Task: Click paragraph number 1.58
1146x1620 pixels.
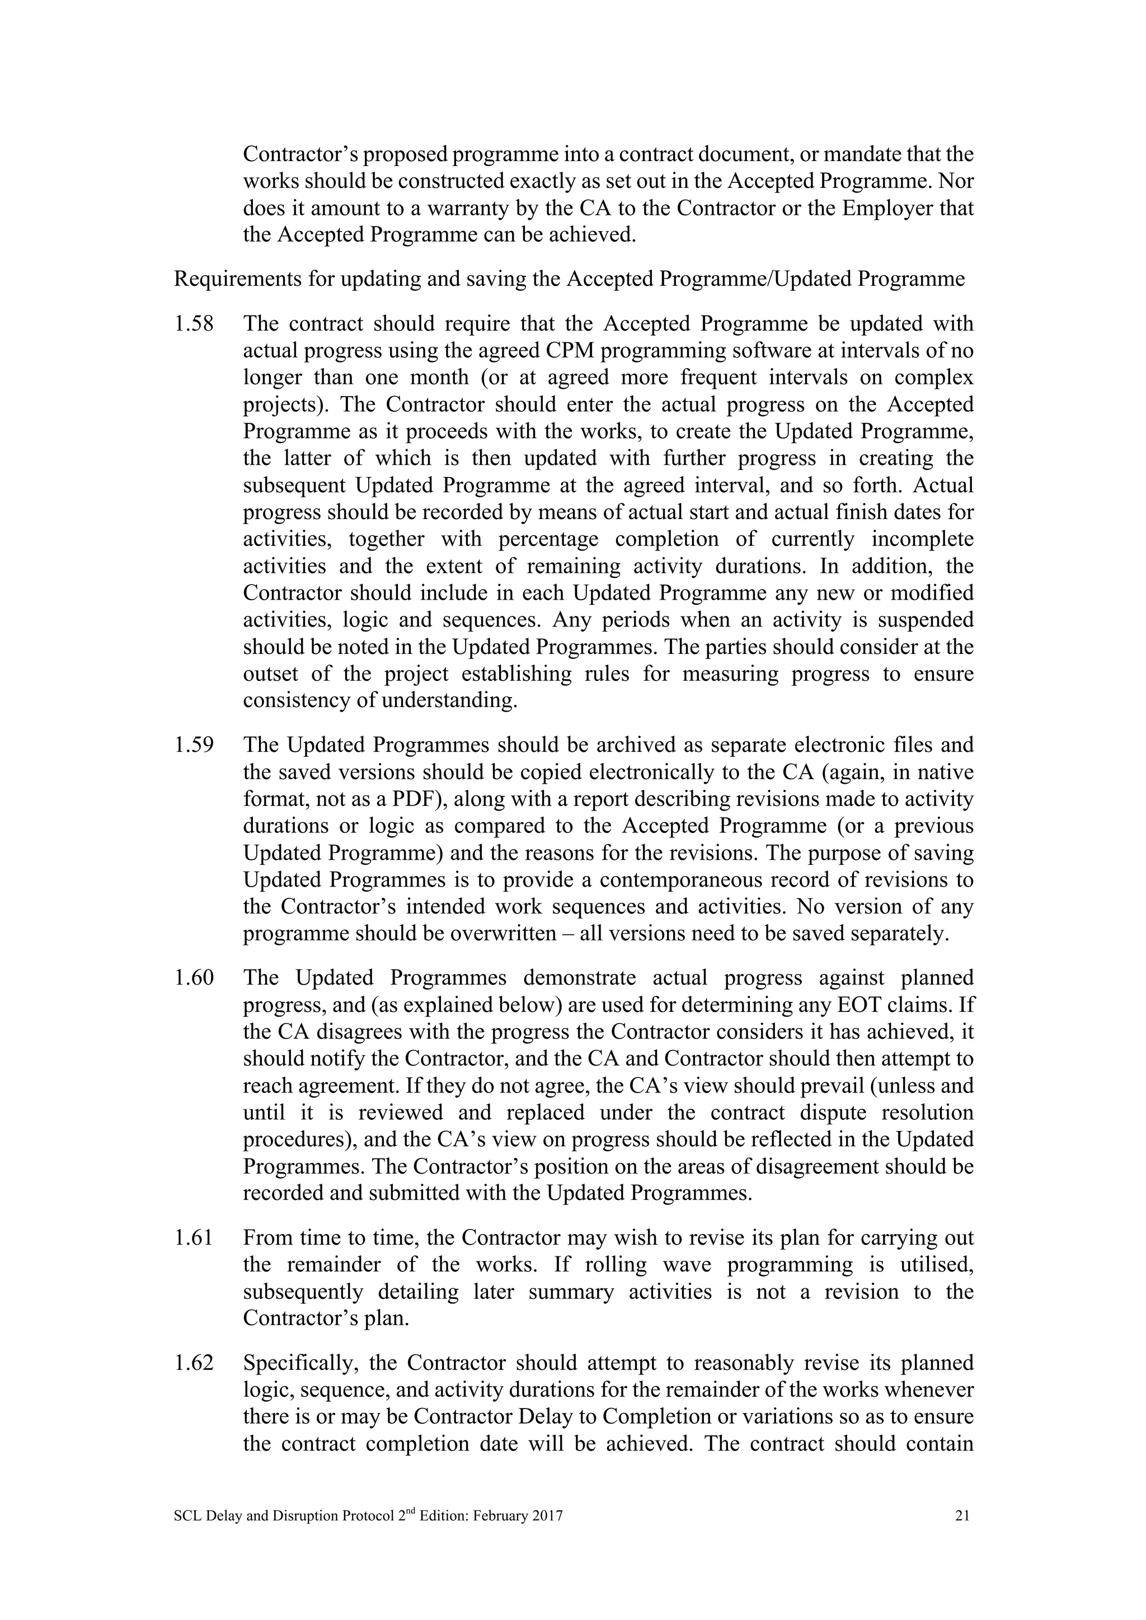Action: (x=194, y=324)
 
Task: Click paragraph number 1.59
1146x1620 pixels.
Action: (x=194, y=745)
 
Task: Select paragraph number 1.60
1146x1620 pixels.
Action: (x=194, y=978)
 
